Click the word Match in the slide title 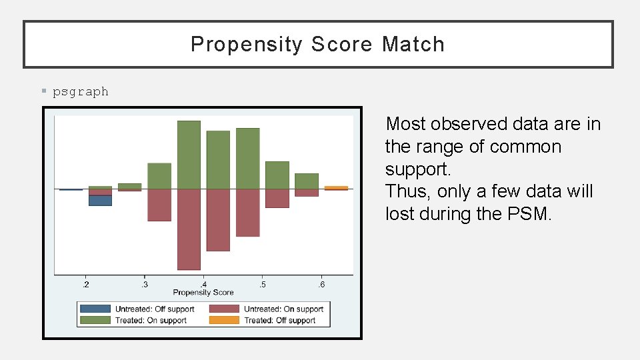pos(413,45)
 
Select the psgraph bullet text pos(81,92)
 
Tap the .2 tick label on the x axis pos(85,285)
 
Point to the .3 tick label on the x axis pos(144,285)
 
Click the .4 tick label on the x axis pos(203,285)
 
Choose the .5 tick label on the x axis pos(262,285)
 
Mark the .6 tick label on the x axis pos(321,285)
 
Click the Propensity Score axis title pos(203,293)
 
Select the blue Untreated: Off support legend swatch pos(95,309)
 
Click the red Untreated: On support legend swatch pos(224,309)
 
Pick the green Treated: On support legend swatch pos(95,321)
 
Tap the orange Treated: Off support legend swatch pos(224,321)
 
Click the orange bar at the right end pos(336,188)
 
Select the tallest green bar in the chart pos(189,155)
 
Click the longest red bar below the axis pos(189,229)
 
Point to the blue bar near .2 pos(100,200)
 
